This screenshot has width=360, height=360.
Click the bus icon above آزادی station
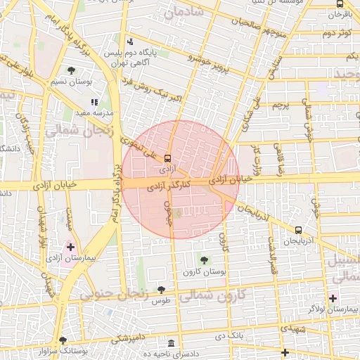[x=167, y=157]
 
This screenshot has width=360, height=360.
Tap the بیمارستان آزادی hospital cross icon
[x=70, y=247]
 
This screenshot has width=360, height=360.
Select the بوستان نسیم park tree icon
[x=71, y=70]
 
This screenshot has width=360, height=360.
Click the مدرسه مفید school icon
[x=95, y=103]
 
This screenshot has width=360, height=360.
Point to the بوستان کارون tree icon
[x=204, y=261]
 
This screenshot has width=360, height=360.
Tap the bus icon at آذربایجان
[x=299, y=229]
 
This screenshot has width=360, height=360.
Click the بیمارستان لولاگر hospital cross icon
[x=333, y=298]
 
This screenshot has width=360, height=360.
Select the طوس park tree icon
[x=162, y=289]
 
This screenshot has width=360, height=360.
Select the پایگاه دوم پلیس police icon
[x=129, y=42]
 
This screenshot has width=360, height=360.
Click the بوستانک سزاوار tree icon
[x=63, y=340]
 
